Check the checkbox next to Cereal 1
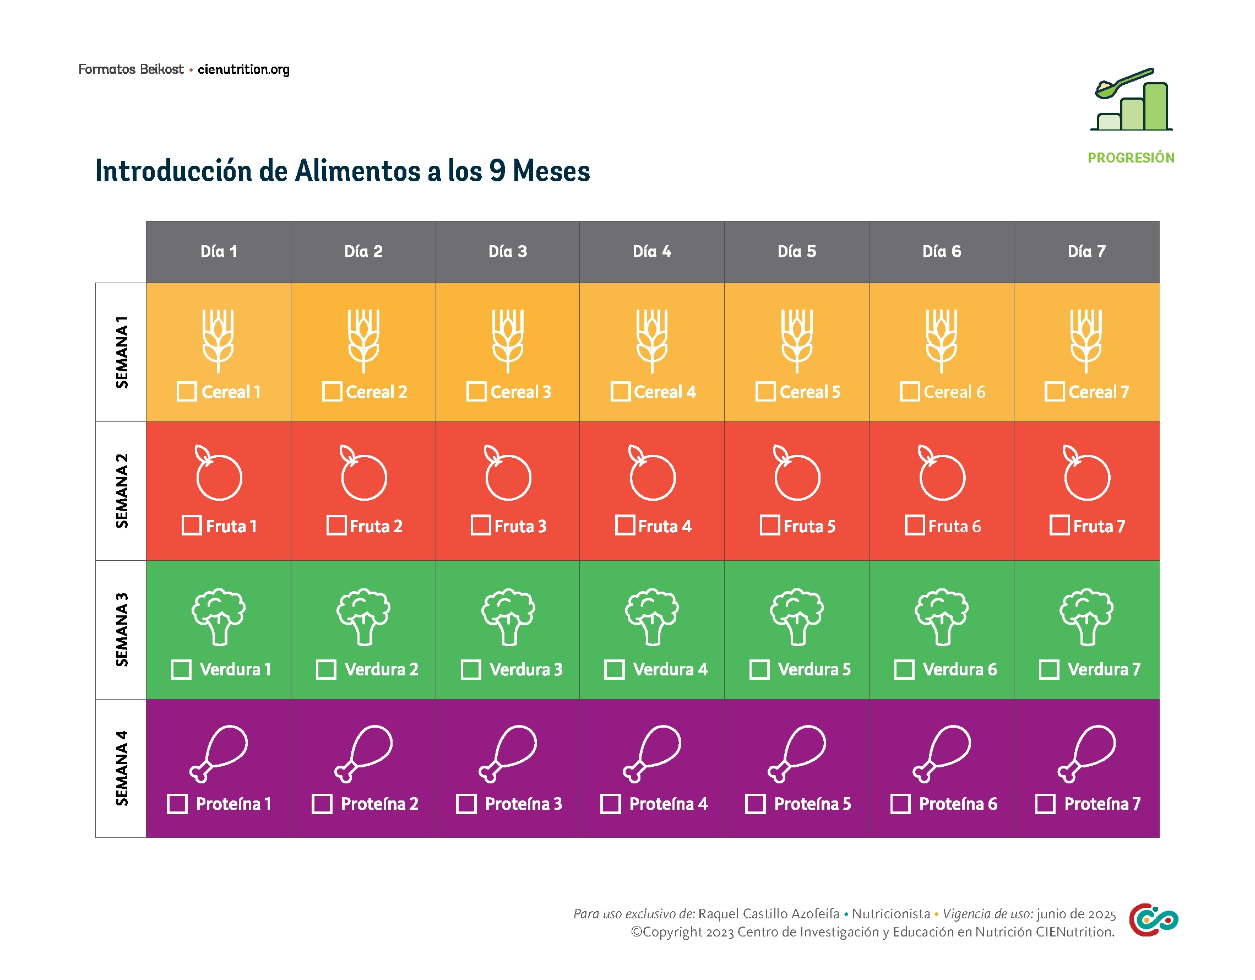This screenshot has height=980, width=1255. (187, 392)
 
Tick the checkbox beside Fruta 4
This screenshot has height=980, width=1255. (624, 526)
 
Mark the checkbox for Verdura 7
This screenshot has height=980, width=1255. (1049, 670)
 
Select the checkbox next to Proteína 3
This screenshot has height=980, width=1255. (466, 804)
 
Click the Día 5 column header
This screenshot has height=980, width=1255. (796, 252)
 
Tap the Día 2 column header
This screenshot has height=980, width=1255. (363, 252)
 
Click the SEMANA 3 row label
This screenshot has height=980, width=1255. (121, 630)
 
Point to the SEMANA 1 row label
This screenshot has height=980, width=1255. (121, 352)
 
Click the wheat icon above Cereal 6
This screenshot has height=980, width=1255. (941, 341)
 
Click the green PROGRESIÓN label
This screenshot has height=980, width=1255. (1131, 158)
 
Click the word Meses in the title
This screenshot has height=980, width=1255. (551, 171)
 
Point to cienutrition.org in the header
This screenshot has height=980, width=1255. (243, 69)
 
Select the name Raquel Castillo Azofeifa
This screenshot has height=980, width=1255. (768, 914)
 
